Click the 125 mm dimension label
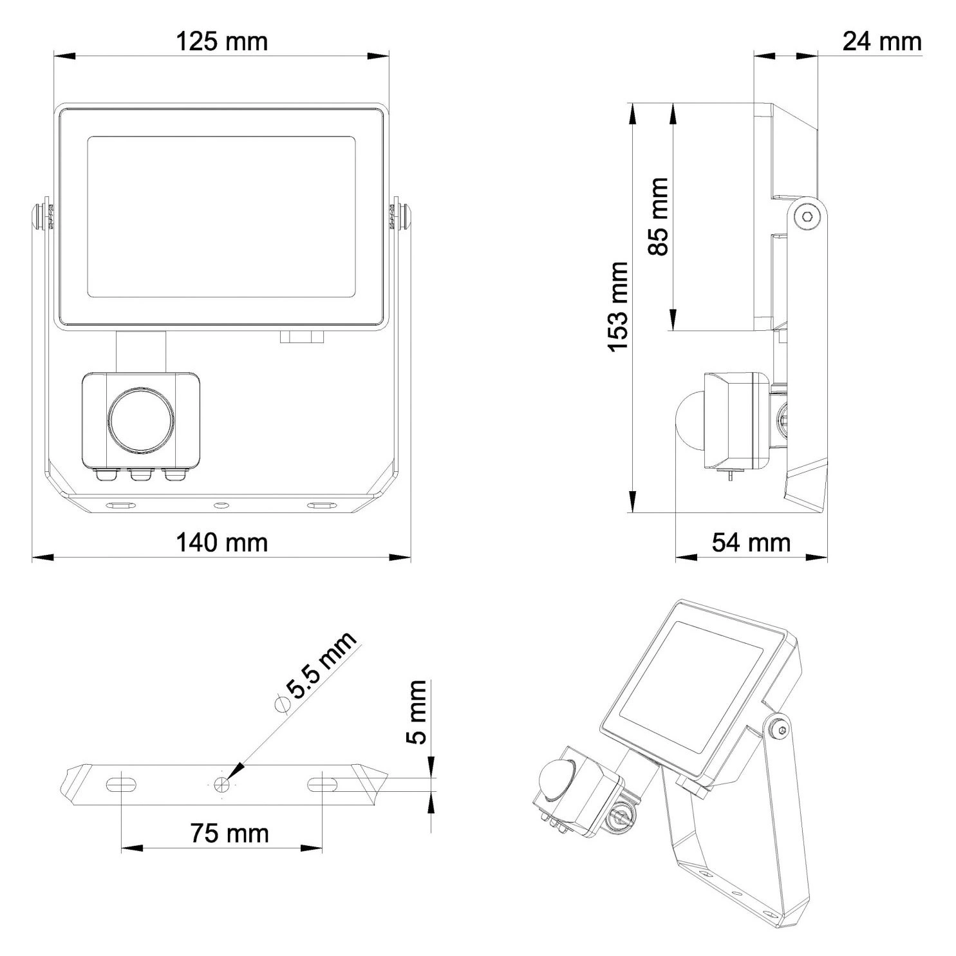tap(222, 42)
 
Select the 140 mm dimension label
tap(222, 543)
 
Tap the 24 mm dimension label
tap(882, 41)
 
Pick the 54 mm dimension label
tap(751, 543)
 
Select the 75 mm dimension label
tap(229, 834)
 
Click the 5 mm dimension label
tap(418, 712)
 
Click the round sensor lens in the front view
tap(141, 418)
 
